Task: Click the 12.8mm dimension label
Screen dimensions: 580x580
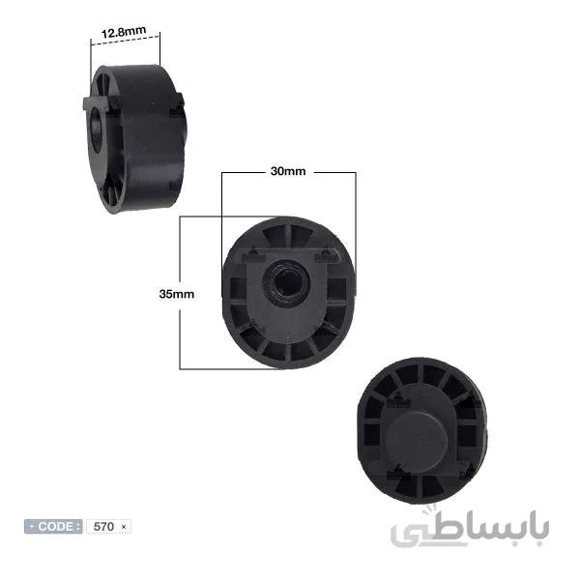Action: coord(124,32)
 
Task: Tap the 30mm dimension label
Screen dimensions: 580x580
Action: coord(288,171)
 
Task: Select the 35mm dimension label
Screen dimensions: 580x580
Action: coord(177,294)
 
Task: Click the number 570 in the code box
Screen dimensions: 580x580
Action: coord(103,527)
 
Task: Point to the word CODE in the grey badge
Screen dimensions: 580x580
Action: coord(55,526)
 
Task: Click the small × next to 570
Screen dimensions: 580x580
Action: coord(124,527)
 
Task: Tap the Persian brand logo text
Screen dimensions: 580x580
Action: coord(470,528)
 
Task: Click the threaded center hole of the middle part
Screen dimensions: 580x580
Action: coord(286,282)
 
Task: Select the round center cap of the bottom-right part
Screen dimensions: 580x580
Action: coord(417,441)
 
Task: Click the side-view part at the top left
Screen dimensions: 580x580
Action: coord(134,138)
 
